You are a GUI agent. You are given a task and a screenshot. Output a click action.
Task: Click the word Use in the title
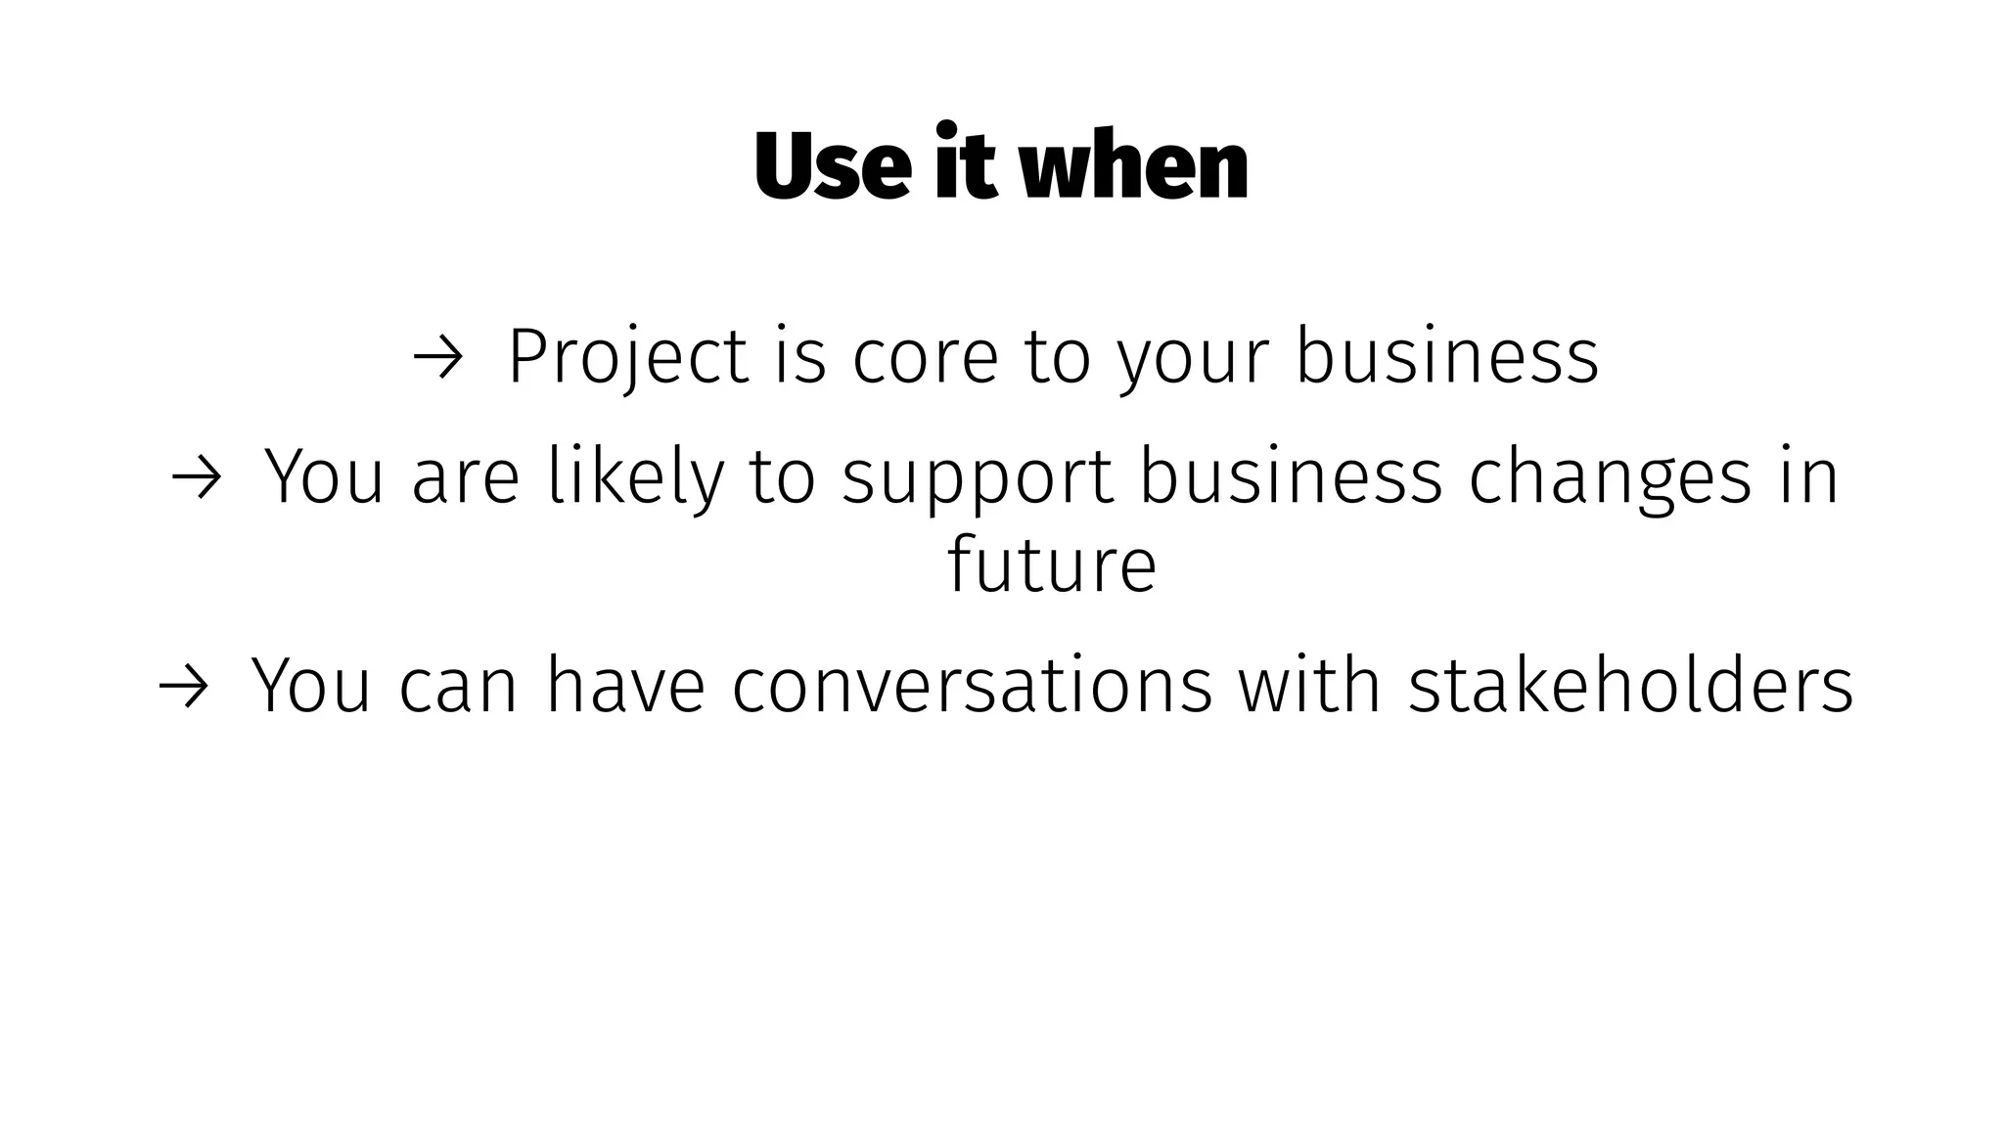(x=834, y=166)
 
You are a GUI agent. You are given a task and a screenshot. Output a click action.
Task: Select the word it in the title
(x=965, y=164)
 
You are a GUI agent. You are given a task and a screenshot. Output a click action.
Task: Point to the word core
(x=925, y=356)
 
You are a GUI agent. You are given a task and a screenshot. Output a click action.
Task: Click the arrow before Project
(x=436, y=358)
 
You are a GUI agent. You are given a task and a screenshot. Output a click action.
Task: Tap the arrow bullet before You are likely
(x=196, y=478)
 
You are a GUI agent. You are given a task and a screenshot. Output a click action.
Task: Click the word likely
(x=636, y=477)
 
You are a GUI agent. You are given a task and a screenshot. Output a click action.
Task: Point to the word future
(x=1052, y=564)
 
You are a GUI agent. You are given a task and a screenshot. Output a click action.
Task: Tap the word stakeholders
(x=1630, y=685)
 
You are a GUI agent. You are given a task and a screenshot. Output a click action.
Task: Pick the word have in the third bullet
(x=625, y=685)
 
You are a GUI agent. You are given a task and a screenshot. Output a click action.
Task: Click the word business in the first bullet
(x=1447, y=356)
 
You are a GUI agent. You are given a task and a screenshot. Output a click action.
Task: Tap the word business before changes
(x=1291, y=477)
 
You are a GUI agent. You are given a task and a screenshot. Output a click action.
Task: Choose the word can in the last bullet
(x=458, y=687)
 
